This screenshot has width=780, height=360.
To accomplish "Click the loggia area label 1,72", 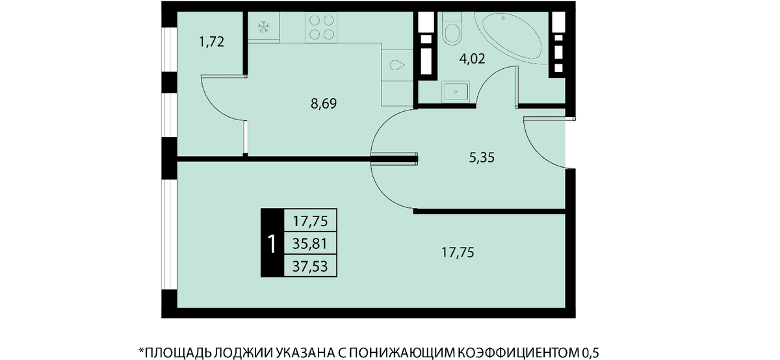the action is [x=211, y=42].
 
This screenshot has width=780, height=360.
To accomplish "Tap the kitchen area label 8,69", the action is [x=324, y=104].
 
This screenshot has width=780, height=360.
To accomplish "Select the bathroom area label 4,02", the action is [x=472, y=59].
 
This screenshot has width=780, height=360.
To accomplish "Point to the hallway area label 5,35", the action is [x=482, y=158].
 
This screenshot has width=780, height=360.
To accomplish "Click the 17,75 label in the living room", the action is [x=458, y=252].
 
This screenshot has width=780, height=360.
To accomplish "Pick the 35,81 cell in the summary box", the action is [x=310, y=244].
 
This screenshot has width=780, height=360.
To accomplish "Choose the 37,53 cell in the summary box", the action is [x=310, y=266].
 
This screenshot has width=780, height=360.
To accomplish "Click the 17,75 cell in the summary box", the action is [x=310, y=221].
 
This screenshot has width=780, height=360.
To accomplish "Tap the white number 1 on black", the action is [x=272, y=244].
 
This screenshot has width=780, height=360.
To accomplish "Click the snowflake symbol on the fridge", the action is [x=264, y=27].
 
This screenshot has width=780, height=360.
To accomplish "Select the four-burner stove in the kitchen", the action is [x=321, y=27].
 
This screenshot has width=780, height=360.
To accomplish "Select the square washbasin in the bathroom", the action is [x=456, y=92].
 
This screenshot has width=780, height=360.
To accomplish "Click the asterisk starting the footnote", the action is [x=142, y=350].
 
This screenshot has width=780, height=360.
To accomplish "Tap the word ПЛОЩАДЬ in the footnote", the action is [x=178, y=352].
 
